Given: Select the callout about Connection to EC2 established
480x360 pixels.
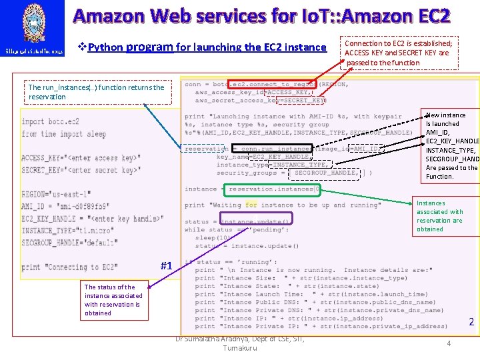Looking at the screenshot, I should (x=399, y=53).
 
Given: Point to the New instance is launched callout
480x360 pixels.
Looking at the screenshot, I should (x=452, y=146).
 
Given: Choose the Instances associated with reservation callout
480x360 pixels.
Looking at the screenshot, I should (x=440, y=216).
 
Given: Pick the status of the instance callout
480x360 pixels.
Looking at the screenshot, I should (x=113, y=300).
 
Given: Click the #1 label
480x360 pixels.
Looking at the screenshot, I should (x=167, y=266).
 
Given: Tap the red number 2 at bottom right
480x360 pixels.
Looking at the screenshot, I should (x=471, y=322).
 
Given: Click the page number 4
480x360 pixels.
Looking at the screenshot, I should (x=448, y=343).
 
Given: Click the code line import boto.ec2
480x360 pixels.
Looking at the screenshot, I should (x=51, y=122).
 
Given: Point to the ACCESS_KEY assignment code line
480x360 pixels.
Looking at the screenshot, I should (x=81, y=159).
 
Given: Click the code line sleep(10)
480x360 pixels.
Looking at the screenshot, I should (x=210, y=237).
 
